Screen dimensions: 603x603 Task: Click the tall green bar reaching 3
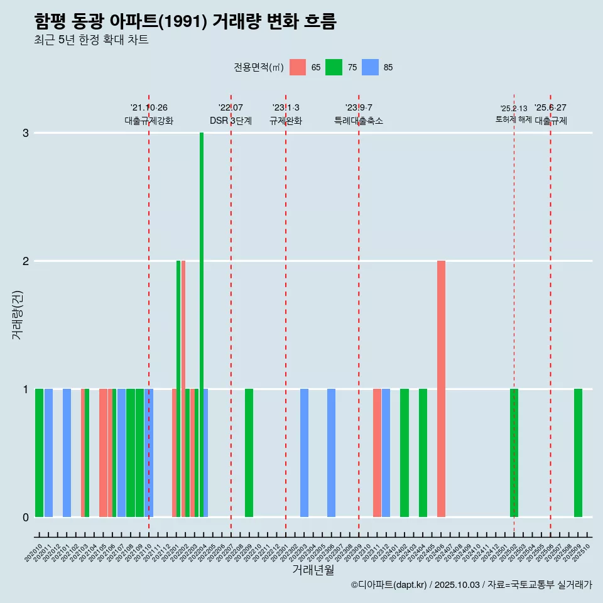tap(202, 324)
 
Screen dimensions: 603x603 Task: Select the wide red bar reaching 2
tap(442, 388)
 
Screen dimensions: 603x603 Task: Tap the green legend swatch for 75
tap(334, 67)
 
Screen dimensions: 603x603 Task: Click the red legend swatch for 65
tap(298, 67)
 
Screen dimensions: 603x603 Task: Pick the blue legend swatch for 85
tap(371, 67)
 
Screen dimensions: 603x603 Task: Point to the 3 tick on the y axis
tap(26, 133)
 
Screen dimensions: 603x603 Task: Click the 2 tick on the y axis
tap(26, 261)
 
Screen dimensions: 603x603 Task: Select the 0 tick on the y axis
tap(26, 518)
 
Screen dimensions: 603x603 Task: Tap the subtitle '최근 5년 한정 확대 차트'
tap(91, 40)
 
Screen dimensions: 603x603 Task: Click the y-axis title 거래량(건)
tap(17, 314)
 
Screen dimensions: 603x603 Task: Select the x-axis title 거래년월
tap(313, 570)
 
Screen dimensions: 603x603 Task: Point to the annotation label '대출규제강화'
tap(149, 121)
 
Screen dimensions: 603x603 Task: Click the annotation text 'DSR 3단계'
tap(231, 121)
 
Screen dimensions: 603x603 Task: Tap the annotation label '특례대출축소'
tap(359, 121)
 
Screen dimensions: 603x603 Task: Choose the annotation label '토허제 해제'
tap(514, 119)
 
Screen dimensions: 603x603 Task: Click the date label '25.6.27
tap(550, 107)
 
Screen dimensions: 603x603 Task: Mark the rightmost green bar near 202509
tap(578, 452)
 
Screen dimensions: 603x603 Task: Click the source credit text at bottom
tap(471, 585)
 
